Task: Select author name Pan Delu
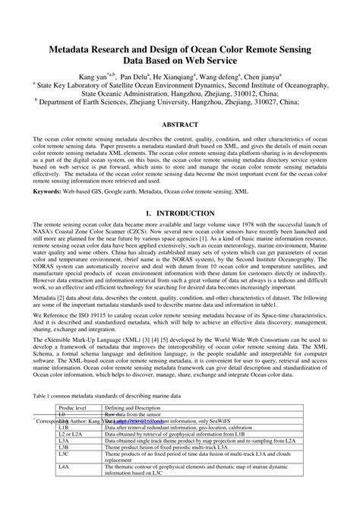[153, 77]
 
